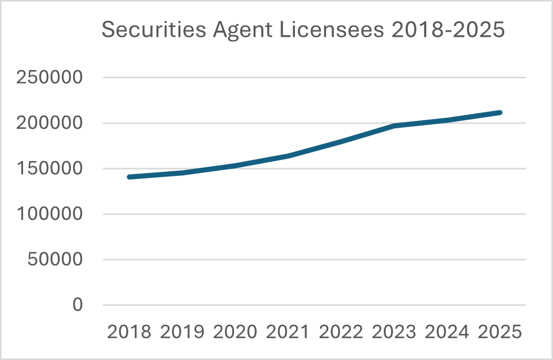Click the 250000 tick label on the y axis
(x=50, y=78)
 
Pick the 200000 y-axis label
(x=50, y=123)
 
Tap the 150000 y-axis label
(x=50, y=169)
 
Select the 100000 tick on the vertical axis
(x=50, y=214)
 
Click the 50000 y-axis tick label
(x=55, y=259)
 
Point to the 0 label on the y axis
(x=77, y=305)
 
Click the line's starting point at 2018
(x=129, y=177)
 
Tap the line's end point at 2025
(x=500, y=112)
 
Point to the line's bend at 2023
(x=394, y=126)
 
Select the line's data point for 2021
(x=288, y=156)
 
